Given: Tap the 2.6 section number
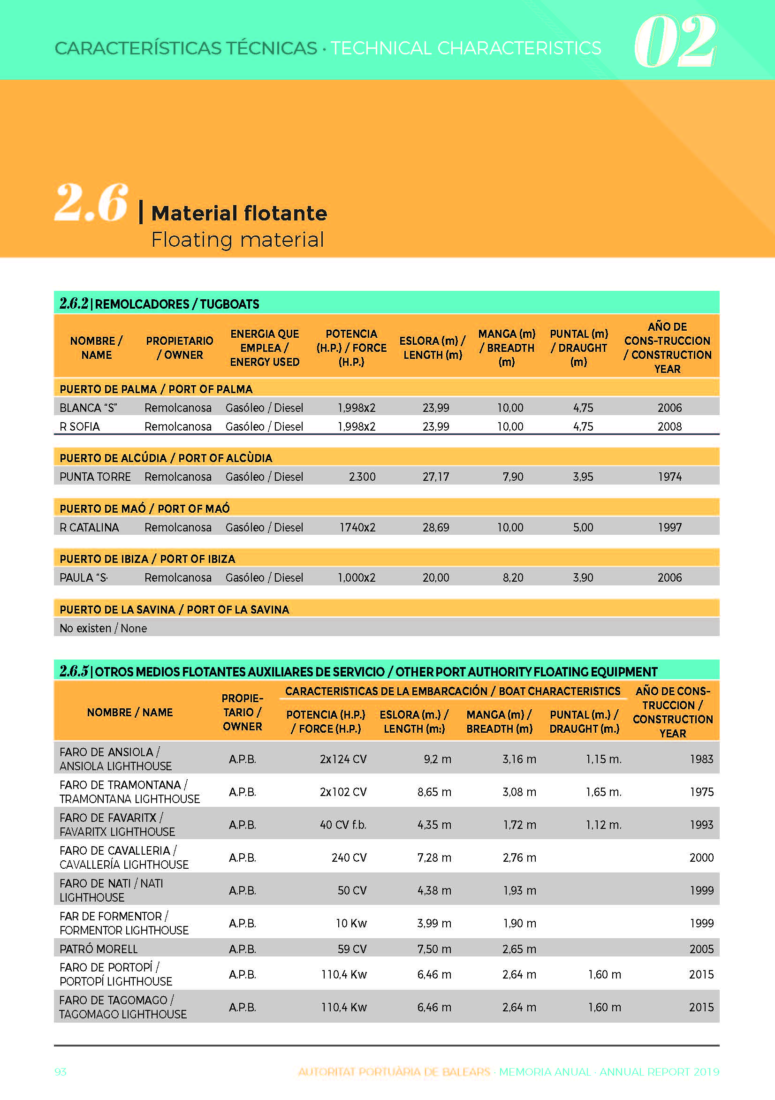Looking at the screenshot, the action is click(91, 203).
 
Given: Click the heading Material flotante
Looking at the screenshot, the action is click(239, 213).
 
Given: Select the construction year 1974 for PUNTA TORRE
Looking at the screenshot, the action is click(669, 477).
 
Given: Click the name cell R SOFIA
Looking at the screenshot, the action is click(80, 426).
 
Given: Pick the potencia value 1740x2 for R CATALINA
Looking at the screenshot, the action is click(357, 527).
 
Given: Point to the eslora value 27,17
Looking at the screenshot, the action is click(436, 477).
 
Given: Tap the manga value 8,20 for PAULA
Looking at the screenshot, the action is click(513, 577).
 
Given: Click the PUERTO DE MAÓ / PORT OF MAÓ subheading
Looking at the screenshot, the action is click(145, 508).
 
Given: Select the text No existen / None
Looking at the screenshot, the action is click(103, 628).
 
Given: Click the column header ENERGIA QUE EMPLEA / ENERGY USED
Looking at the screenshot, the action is click(265, 348).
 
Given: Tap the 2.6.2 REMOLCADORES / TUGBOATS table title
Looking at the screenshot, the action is click(159, 304).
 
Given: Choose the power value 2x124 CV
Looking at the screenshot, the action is click(343, 759).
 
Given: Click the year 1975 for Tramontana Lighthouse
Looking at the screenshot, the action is click(702, 792).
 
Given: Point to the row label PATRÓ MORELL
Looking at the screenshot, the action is click(98, 948).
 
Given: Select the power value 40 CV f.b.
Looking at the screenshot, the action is click(343, 825).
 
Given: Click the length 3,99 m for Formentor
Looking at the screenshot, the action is click(434, 923).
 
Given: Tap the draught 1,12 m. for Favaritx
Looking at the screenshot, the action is click(603, 825).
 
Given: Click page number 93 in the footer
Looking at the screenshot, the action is click(61, 1072).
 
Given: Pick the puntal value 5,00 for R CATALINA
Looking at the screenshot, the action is click(583, 527).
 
